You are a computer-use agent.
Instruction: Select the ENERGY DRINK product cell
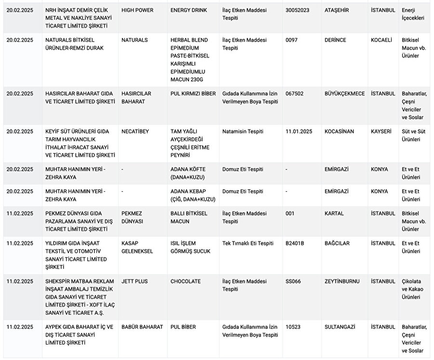(188, 10)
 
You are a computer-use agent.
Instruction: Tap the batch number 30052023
(298, 10)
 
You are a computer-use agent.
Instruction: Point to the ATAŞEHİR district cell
(338, 10)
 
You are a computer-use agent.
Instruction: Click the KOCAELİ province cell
(381, 40)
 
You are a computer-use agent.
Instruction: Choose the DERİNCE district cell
(336, 40)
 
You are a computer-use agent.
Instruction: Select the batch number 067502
(295, 93)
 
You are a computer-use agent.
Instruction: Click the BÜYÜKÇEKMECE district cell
(345, 93)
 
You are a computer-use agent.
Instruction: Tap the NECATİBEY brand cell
(135, 131)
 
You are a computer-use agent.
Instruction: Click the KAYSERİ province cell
(381, 131)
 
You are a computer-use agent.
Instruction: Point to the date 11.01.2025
(299, 131)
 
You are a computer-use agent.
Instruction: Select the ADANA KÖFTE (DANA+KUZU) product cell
(188, 173)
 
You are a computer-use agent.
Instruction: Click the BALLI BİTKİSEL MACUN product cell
(187, 217)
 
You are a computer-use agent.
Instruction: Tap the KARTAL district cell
(334, 213)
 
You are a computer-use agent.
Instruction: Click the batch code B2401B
(295, 243)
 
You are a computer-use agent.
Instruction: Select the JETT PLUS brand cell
(135, 281)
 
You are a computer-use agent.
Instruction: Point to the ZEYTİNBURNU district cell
(342, 281)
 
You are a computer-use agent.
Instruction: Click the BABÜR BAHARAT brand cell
(142, 327)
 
